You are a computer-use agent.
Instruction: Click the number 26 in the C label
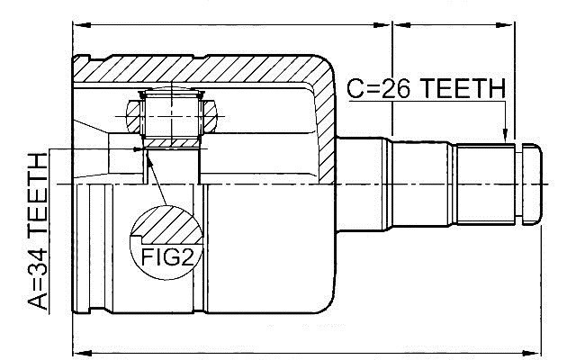396,88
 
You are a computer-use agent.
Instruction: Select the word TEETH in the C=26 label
462,88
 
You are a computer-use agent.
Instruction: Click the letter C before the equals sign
355,88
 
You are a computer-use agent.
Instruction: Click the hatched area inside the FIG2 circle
167,224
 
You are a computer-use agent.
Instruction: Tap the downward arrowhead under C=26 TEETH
506,134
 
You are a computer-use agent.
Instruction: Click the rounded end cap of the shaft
532,184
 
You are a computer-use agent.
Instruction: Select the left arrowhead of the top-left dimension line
82,25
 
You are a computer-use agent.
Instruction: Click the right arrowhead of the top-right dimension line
504,25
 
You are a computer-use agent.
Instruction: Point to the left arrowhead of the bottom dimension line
83,353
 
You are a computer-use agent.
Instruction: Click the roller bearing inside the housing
172,117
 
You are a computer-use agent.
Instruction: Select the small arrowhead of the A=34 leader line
138,149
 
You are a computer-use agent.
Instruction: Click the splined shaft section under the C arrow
485,184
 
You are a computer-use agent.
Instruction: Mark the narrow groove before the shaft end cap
518,184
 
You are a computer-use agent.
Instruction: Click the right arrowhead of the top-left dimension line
382,25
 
